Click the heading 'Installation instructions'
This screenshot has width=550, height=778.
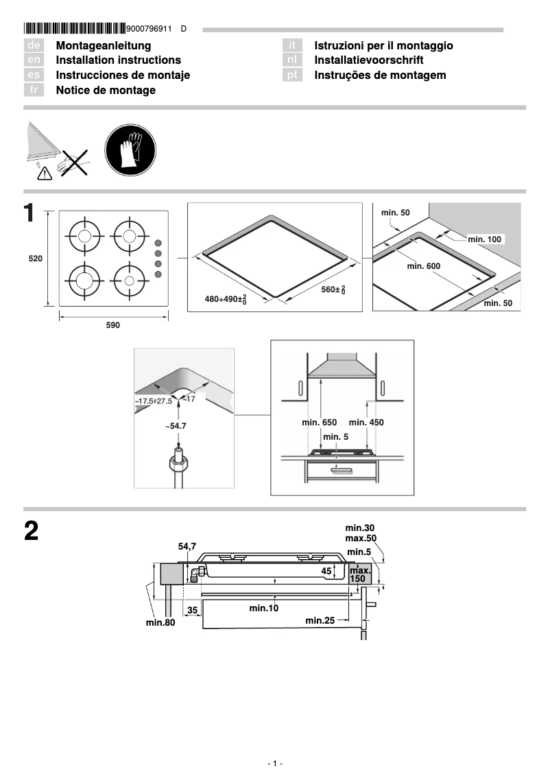click(118, 60)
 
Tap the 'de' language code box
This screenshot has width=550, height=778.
click(34, 45)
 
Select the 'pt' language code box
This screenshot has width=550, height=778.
click(293, 75)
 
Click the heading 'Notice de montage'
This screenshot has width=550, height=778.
click(106, 91)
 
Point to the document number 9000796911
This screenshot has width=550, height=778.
click(150, 29)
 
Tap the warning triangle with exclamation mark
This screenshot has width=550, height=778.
click(45, 173)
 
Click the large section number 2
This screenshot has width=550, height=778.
click(32, 532)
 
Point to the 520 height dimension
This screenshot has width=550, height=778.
click(36, 259)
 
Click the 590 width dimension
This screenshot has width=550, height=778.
click(112, 325)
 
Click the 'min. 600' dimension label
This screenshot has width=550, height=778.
click(423, 266)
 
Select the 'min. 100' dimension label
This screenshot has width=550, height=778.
click(485, 239)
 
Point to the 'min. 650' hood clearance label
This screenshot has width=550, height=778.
click(319, 423)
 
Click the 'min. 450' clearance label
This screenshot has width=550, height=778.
click(366, 423)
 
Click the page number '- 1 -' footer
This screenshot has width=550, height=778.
click(274, 764)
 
